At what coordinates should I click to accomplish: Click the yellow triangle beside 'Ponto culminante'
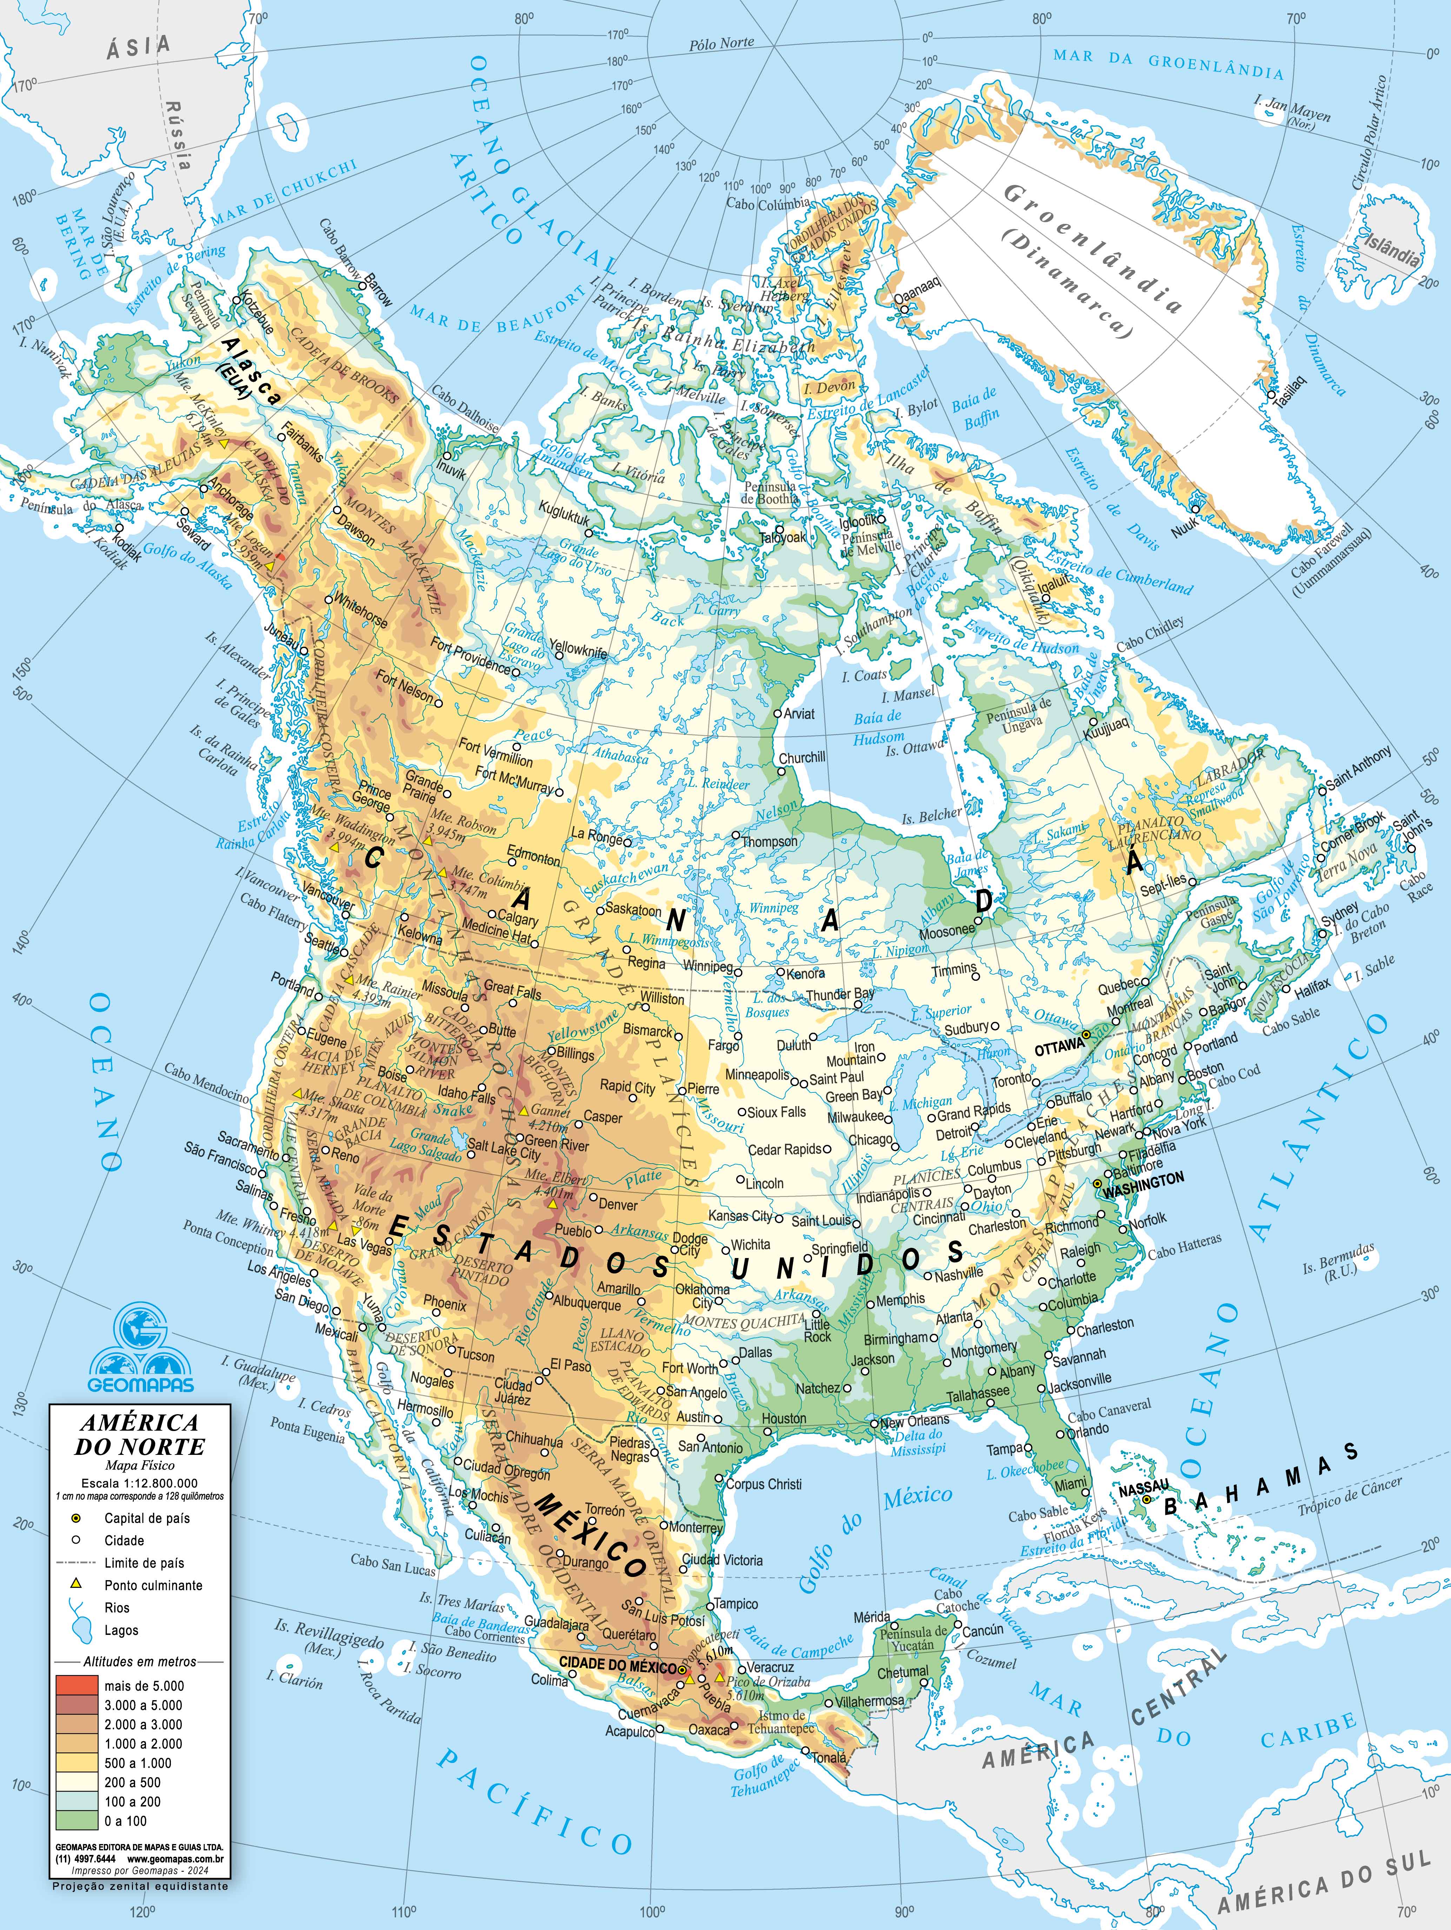pyautogui.click(x=76, y=1584)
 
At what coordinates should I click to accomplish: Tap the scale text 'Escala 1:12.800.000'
pyautogui.click(x=140, y=1482)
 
